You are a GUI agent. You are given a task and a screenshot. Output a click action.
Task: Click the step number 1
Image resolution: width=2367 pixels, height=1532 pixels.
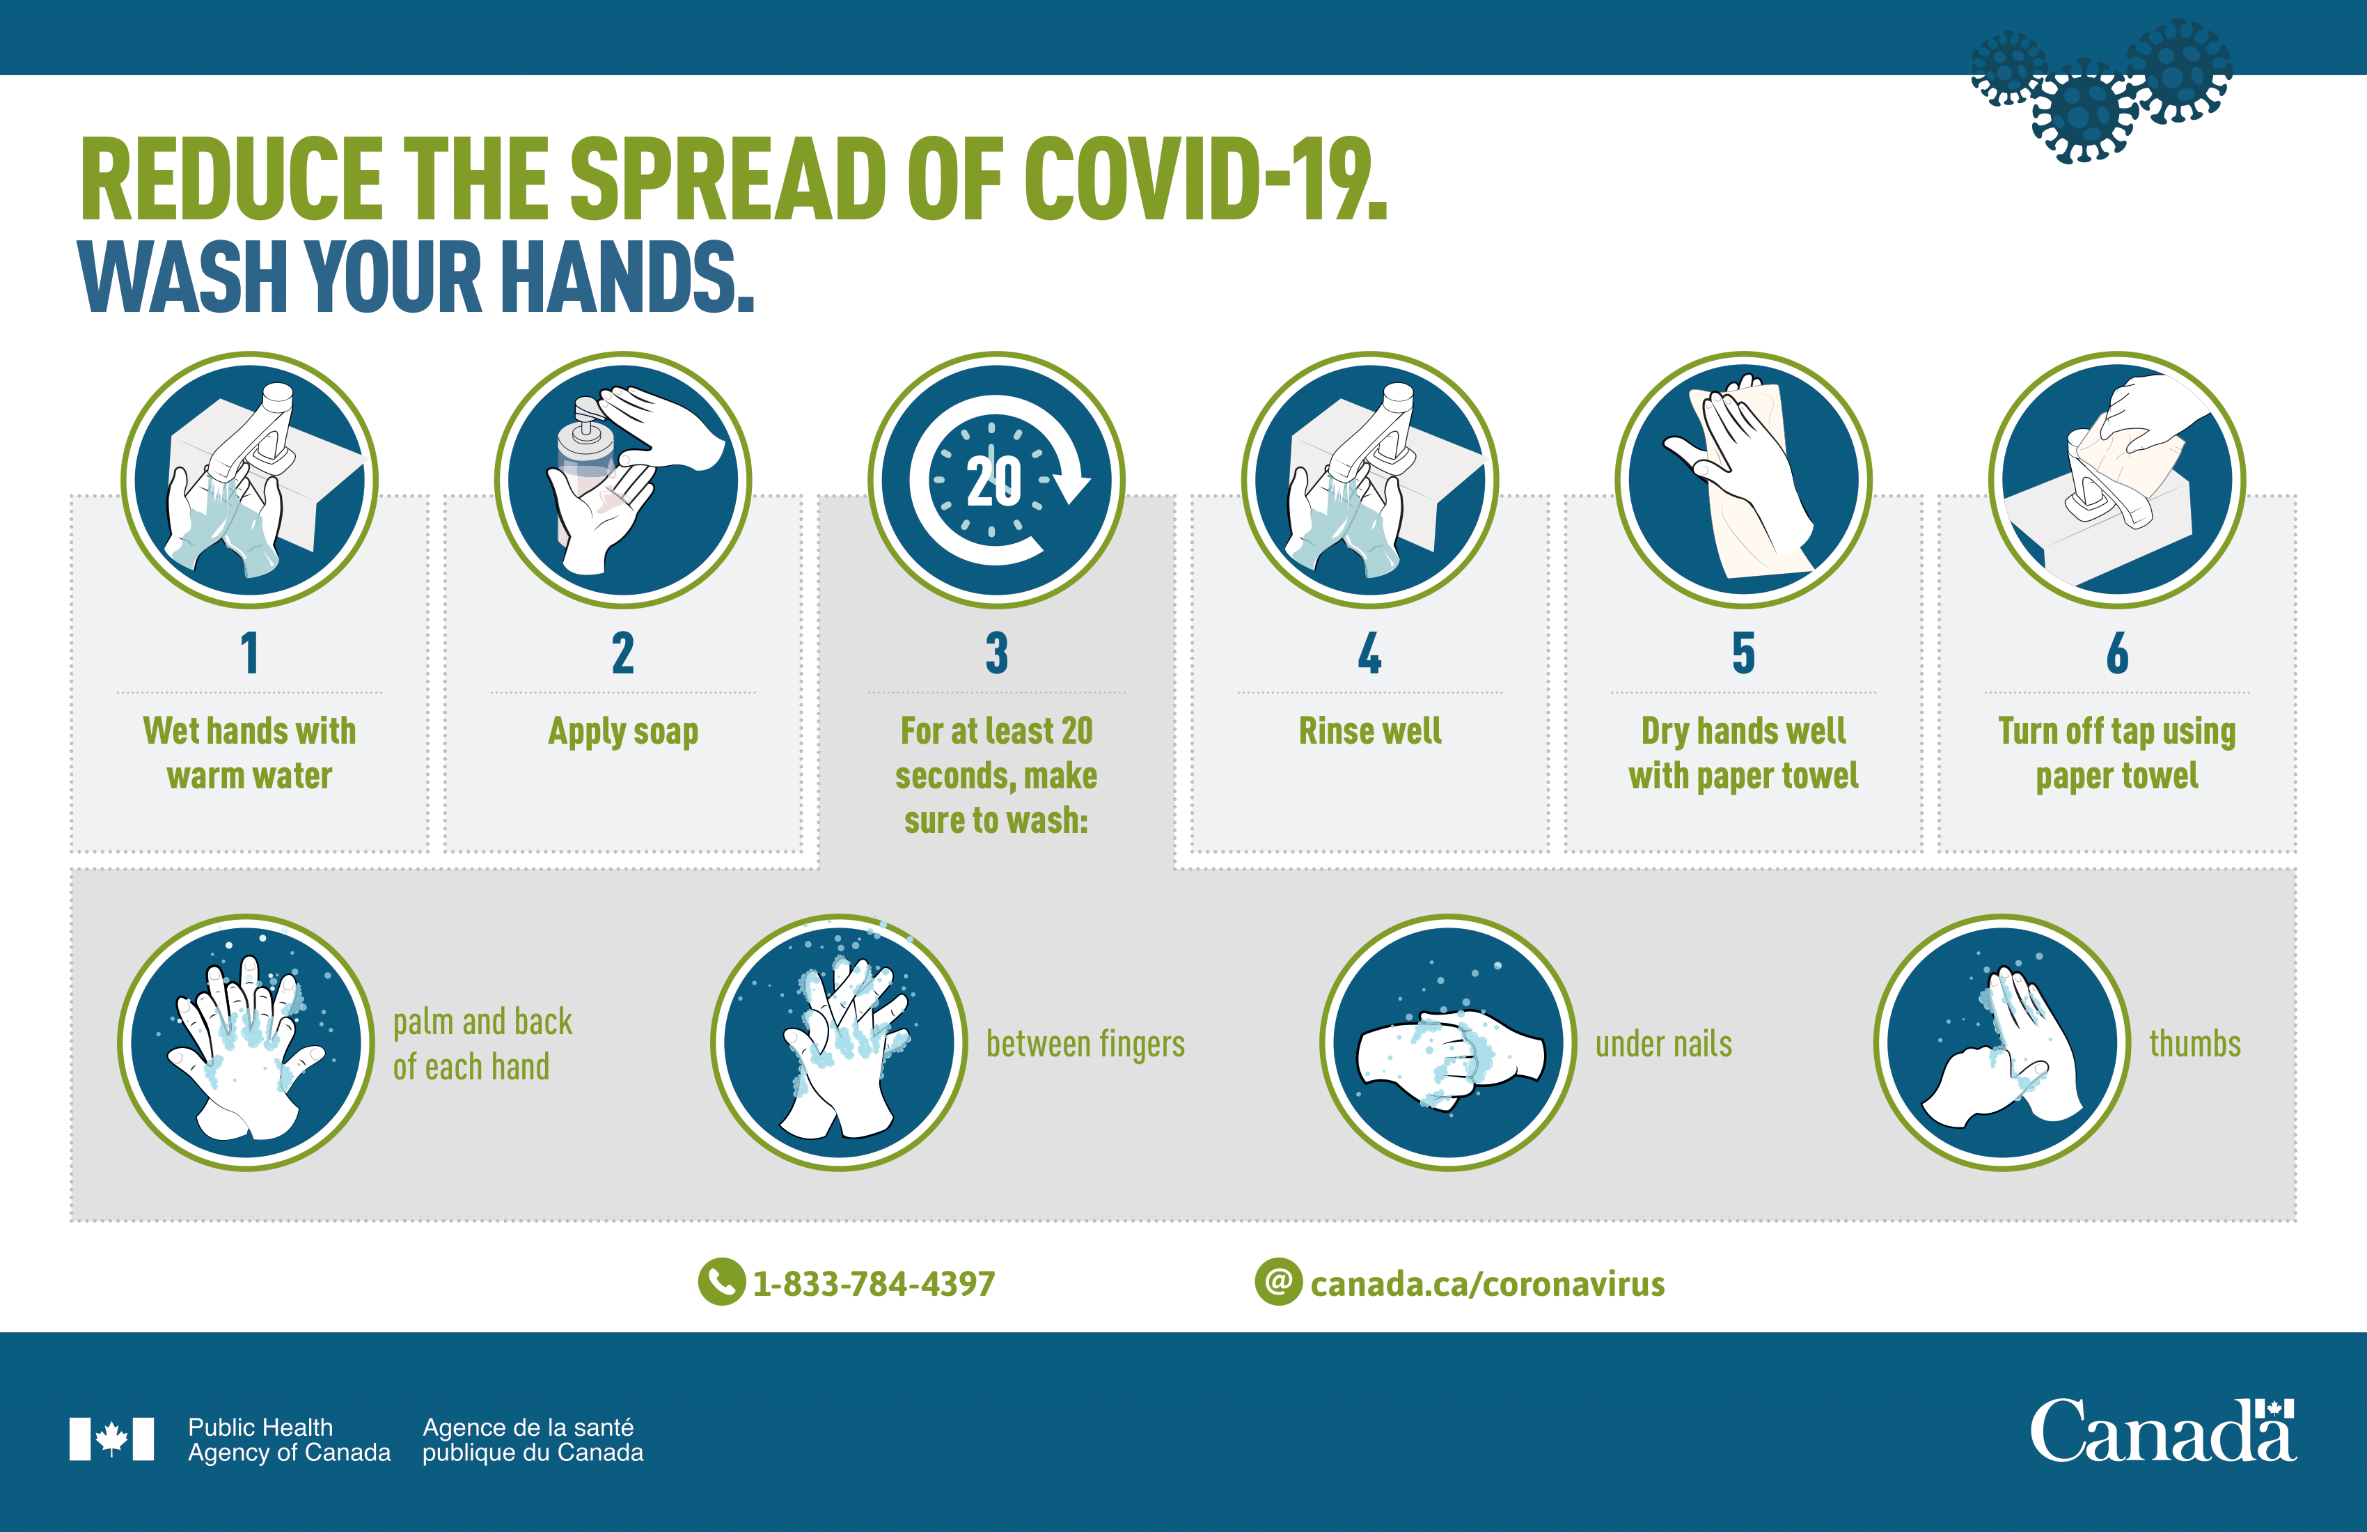pos(250,654)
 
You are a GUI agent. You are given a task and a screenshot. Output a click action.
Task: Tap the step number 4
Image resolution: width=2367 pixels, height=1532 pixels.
pos(1369,654)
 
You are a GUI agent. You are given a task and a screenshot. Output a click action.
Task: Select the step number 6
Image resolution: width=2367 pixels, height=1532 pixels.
pos(2117,654)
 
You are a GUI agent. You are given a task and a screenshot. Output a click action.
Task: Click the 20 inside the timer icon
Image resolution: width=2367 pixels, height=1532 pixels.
pos(995,481)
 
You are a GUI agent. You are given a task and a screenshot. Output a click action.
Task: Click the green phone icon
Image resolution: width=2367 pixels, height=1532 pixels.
pos(721,1282)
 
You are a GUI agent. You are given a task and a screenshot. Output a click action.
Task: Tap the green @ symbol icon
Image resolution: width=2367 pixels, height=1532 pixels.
pos(1278,1282)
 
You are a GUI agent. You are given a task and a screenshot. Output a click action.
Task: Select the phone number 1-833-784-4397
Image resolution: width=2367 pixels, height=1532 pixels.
pos(873,1284)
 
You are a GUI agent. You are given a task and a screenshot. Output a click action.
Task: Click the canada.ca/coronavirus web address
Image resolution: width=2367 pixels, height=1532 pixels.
pos(1487,1284)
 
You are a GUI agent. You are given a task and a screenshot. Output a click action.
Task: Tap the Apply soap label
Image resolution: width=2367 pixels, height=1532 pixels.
pos(624,731)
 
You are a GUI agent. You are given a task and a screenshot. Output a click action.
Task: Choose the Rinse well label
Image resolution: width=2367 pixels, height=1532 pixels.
pos(1369,731)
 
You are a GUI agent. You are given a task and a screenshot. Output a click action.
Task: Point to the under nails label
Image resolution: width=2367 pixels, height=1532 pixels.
pos(1663,1045)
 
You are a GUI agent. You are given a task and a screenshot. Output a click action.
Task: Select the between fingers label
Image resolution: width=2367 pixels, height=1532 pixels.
pos(1085,1045)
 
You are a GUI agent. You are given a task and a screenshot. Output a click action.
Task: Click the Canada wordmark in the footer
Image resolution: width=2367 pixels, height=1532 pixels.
pos(2162,1432)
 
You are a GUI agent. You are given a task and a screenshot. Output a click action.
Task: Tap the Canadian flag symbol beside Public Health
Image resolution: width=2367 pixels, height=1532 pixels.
pos(111,1439)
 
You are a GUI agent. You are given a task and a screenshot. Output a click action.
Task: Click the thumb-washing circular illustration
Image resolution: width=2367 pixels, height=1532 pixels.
pos(2002,1042)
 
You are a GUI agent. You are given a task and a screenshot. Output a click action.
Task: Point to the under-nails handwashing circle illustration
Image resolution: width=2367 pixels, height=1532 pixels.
pos(1448,1042)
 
